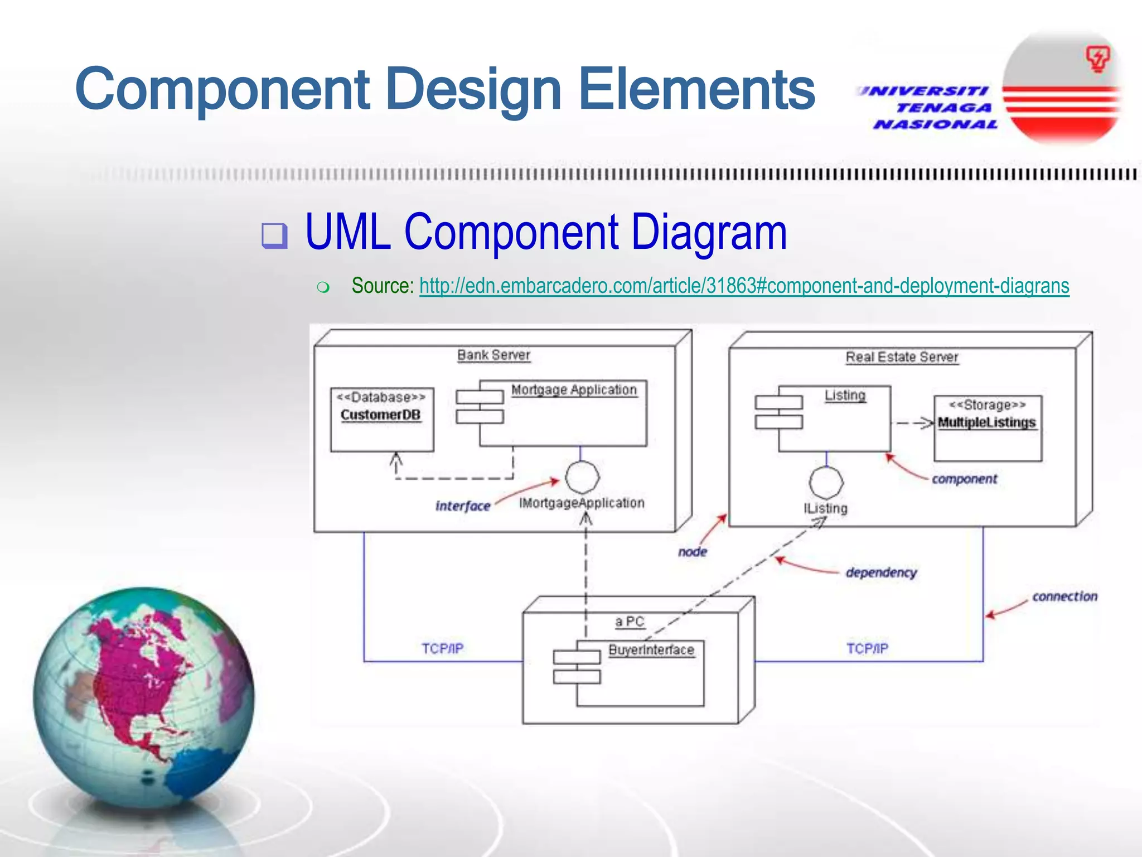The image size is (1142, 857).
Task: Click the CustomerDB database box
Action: pyautogui.click(x=382, y=420)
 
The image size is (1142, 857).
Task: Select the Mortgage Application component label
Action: pyautogui.click(x=574, y=389)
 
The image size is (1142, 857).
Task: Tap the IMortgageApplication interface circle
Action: pyautogui.click(x=582, y=478)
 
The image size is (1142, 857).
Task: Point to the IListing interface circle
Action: pyautogui.click(x=826, y=483)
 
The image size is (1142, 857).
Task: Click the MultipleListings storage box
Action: pyautogui.click(x=988, y=428)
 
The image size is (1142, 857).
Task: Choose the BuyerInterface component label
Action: pyautogui.click(x=651, y=650)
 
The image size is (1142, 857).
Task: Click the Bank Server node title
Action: pyautogui.click(x=493, y=355)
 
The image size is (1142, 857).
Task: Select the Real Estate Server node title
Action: pyautogui.click(x=902, y=357)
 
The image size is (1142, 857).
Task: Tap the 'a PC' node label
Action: pyautogui.click(x=630, y=622)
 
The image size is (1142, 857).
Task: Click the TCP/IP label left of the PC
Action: pyautogui.click(x=442, y=648)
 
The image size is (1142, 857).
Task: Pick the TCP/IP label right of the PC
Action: pyautogui.click(x=867, y=648)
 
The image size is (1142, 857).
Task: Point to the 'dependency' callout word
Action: pyautogui.click(x=881, y=572)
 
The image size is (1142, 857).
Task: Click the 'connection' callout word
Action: pyautogui.click(x=1064, y=596)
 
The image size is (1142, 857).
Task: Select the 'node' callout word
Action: pyautogui.click(x=693, y=552)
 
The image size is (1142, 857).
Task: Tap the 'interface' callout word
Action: pyautogui.click(x=463, y=506)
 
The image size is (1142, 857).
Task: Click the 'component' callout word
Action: pyautogui.click(x=964, y=479)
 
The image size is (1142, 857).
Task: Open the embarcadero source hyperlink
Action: pyautogui.click(x=744, y=286)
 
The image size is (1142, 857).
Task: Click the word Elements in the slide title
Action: pyautogui.click(x=697, y=89)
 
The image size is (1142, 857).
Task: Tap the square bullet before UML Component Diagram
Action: pyautogui.click(x=275, y=235)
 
